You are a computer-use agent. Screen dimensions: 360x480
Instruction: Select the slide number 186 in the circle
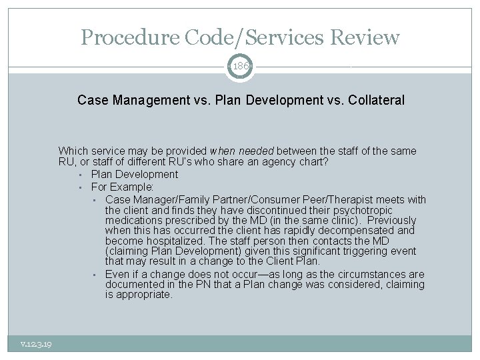tap(240, 65)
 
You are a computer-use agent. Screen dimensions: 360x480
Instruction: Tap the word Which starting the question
tap(73, 151)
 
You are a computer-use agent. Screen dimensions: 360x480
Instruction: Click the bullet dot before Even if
tap(95, 275)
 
